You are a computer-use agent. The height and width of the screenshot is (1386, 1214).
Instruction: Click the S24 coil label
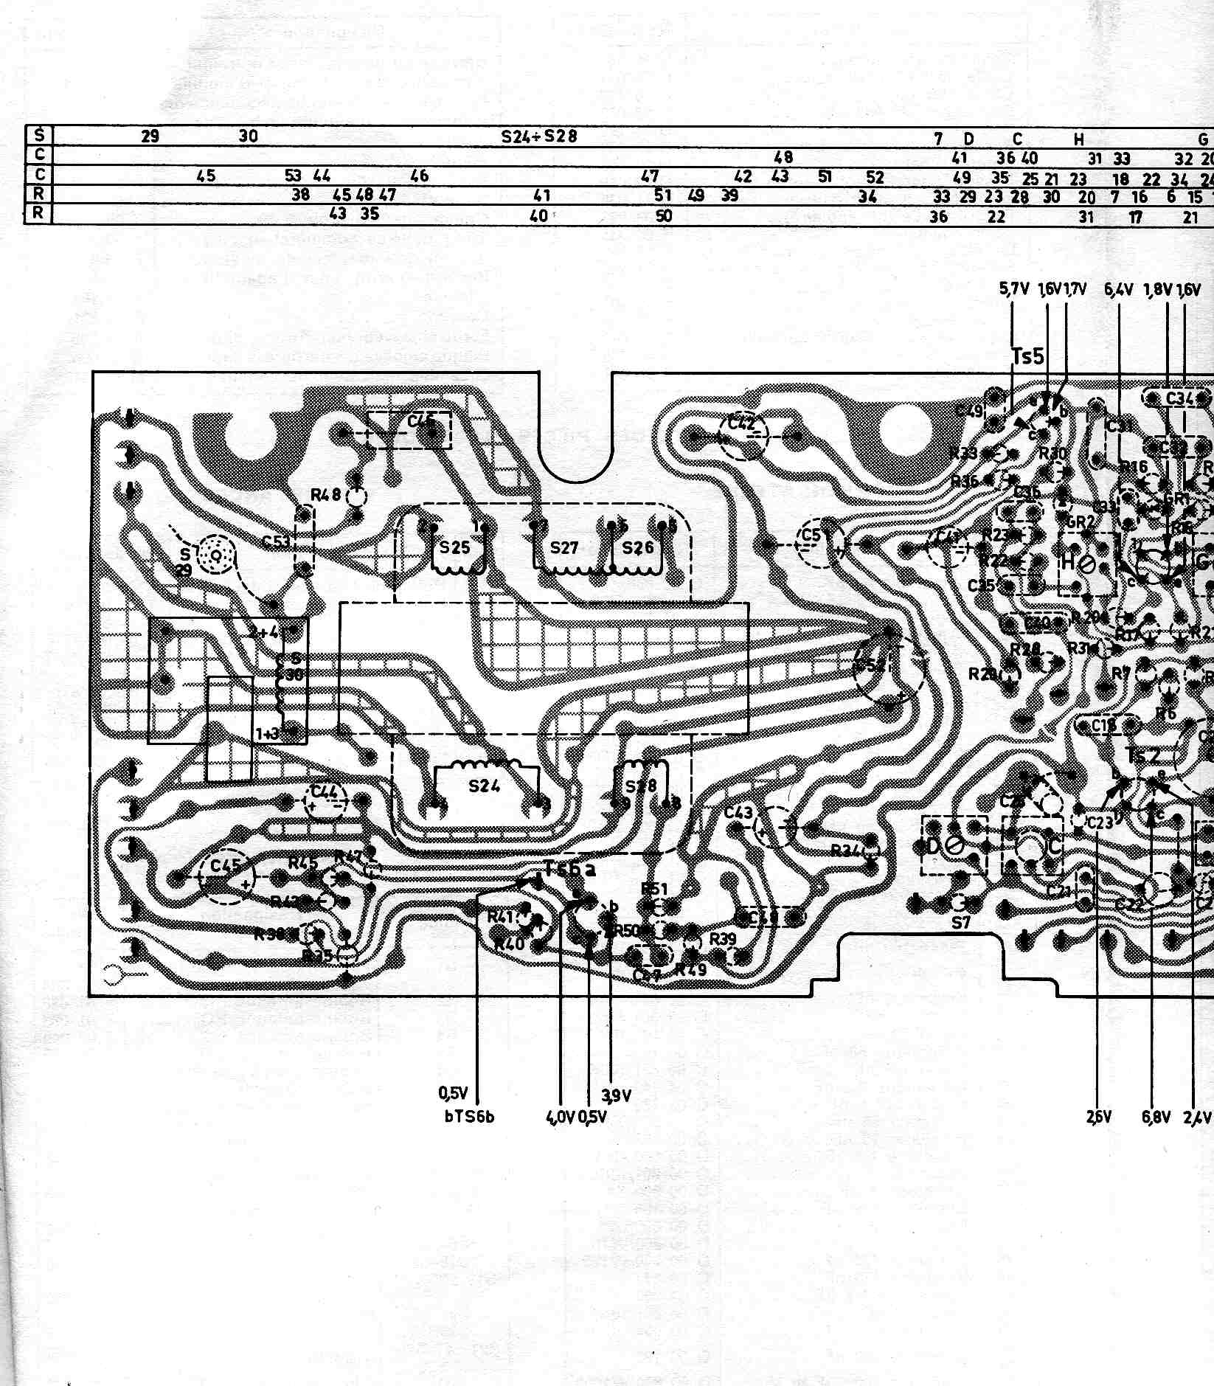(x=484, y=786)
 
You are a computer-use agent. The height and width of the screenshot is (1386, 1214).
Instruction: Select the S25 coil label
(x=455, y=548)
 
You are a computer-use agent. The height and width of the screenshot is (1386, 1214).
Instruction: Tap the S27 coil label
(x=564, y=548)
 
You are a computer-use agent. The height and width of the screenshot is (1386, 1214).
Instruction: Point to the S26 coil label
(x=637, y=547)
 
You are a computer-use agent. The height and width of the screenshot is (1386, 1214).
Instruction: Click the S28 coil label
(x=640, y=786)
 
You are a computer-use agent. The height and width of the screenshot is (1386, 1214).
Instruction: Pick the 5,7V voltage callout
(x=1014, y=290)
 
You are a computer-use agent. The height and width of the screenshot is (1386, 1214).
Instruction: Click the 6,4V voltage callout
(x=1118, y=290)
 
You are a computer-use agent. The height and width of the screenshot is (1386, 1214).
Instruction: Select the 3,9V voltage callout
(x=617, y=1095)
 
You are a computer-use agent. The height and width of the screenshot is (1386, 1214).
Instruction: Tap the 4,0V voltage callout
(x=561, y=1117)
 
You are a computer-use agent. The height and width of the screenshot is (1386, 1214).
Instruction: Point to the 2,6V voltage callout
(x=1098, y=1117)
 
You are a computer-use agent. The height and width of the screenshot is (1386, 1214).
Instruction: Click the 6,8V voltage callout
(x=1156, y=1117)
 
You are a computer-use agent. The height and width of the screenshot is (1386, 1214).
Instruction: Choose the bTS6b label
(x=469, y=1116)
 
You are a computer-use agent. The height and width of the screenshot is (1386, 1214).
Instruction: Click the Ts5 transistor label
(x=1028, y=357)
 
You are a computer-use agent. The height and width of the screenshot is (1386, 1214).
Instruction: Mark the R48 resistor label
(x=325, y=495)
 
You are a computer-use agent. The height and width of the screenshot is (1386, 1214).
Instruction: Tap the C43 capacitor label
(x=738, y=813)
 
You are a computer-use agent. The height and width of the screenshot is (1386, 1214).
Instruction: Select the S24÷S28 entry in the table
(x=539, y=136)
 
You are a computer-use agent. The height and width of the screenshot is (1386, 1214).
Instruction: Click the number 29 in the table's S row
(x=150, y=136)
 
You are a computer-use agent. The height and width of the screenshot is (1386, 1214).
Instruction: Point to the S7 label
(x=960, y=922)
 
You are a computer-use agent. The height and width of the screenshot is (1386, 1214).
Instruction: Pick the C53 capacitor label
(x=277, y=542)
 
